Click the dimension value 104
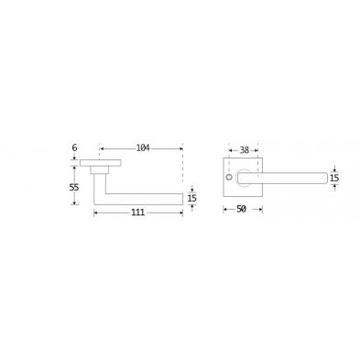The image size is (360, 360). (143, 148)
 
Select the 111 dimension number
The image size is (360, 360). (137, 213)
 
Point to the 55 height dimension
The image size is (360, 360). (74, 187)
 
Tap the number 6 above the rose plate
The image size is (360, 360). (74, 147)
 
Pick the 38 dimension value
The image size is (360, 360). (244, 150)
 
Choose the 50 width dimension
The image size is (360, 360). (241, 209)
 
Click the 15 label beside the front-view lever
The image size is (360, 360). (334, 178)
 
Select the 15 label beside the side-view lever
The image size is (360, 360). (191, 199)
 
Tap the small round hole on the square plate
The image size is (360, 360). (229, 177)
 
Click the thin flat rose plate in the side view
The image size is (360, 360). (101, 163)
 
